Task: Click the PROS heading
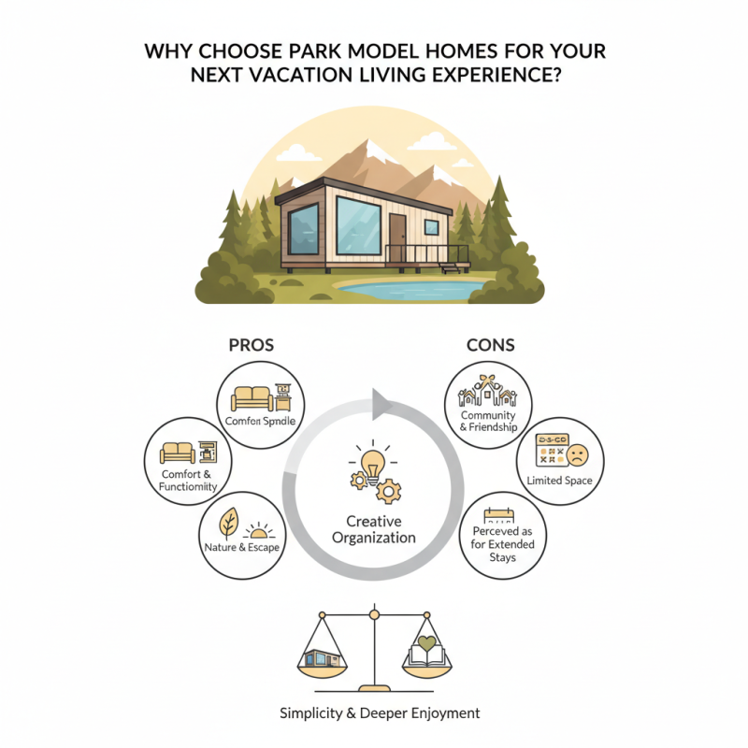252,345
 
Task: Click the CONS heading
491,345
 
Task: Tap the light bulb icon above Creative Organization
374,461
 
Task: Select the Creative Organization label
374,528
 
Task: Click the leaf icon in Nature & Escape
227,521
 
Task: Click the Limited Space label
559,481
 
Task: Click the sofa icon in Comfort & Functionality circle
178,453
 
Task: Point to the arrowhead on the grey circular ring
382,403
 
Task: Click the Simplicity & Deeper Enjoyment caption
380,712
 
